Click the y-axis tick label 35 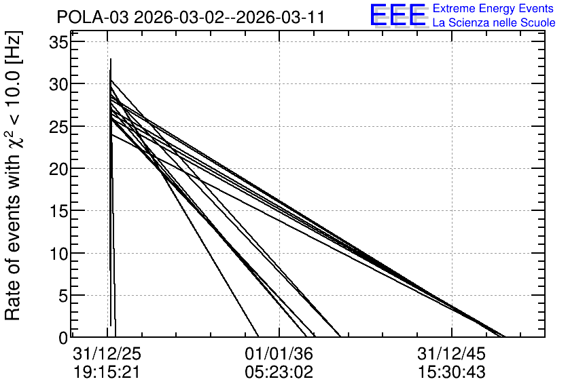click(x=58, y=42)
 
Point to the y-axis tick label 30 click(x=58, y=85)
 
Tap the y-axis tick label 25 click(x=58, y=127)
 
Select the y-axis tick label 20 click(x=58, y=169)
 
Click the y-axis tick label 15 click(x=58, y=211)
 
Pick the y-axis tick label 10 click(x=58, y=254)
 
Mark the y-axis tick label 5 click(x=63, y=296)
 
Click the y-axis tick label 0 click(x=63, y=338)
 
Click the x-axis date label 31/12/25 click(x=107, y=354)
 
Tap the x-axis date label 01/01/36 click(x=279, y=354)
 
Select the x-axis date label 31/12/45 click(x=451, y=354)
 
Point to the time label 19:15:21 click(x=107, y=372)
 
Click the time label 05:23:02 click(x=279, y=372)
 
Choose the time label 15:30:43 click(x=451, y=372)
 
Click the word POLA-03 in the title click(x=92, y=17)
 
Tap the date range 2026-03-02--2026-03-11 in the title click(x=229, y=17)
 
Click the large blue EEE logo click(x=397, y=14)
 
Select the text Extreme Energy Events click(x=493, y=8)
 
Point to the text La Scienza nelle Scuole click(x=494, y=22)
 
